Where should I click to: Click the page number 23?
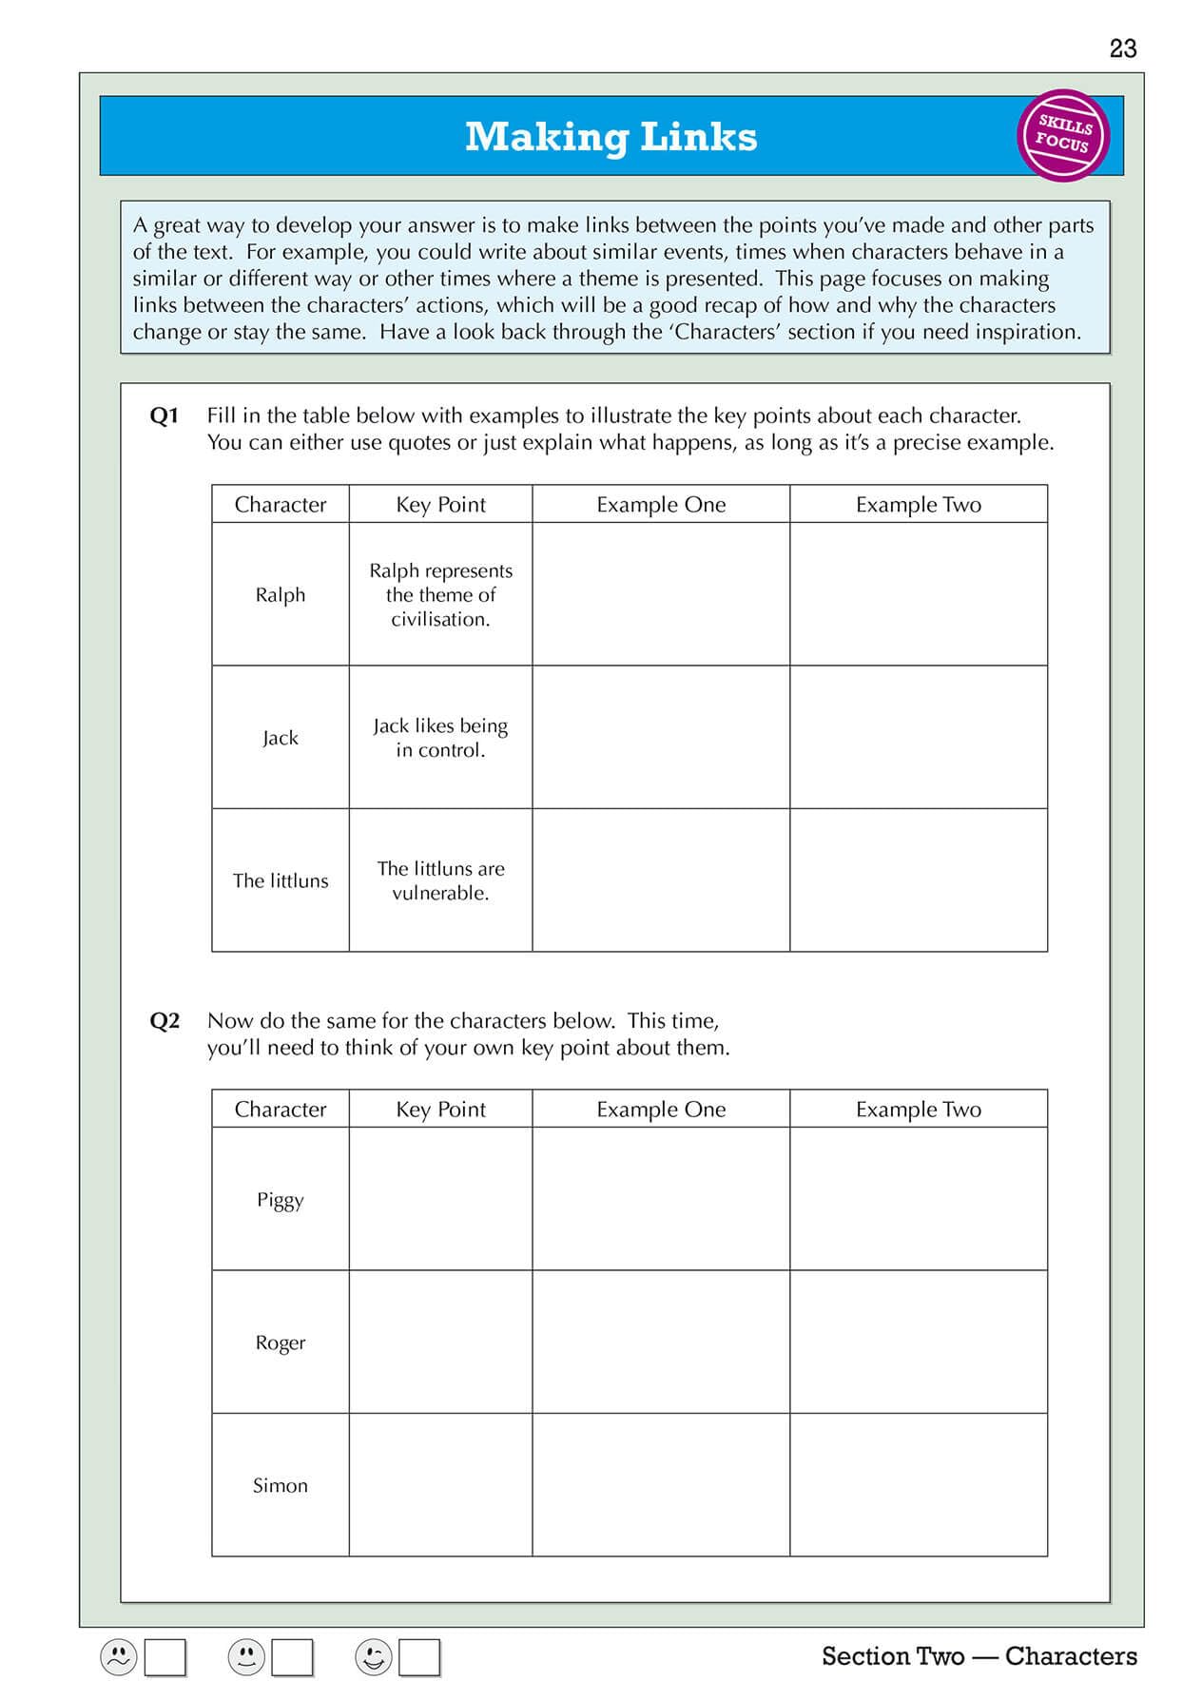pyautogui.click(x=1122, y=48)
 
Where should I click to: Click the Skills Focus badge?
pyautogui.click(x=1063, y=135)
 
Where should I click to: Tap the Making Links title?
pyautogui.click(x=611, y=137)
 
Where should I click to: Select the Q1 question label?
pyautogui.click(x=164, y=415)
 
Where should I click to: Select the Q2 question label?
pyautogui.click(x=164, y=1021)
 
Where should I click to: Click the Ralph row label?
pyautogui.click(x=280, y=594)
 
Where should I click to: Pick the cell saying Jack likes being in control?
pyautogui.click(x=440, y=738)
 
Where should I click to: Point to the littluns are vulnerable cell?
pyautogui.click(x=440, y=880)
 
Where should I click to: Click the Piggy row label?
pyautogui.click(x=280, y=1199)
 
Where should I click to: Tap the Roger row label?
pyautogui.click(x=280, y=1343)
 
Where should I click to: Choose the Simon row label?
pyautogui.click(x=280, y=1485)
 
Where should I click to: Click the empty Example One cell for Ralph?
pyautogui.click(x=661, y=594)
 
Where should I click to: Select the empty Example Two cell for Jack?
pyautogui.click(x=919, y=738)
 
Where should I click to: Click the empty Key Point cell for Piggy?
pyautogui.click(x=440, y=1199)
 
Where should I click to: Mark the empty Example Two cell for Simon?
pyautogui.click(x=919, y=1485)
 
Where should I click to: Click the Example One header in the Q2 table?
pyautogui.click(x=661, y=1110)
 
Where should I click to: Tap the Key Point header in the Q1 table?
pyautogui.click(x=440, y=505)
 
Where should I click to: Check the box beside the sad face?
pyautogui.click(x=165, y=1657)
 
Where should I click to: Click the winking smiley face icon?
pyautogui.click(x=373, y=1657)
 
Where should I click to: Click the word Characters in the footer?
pyautogui.click(x=1070, y=1656)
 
